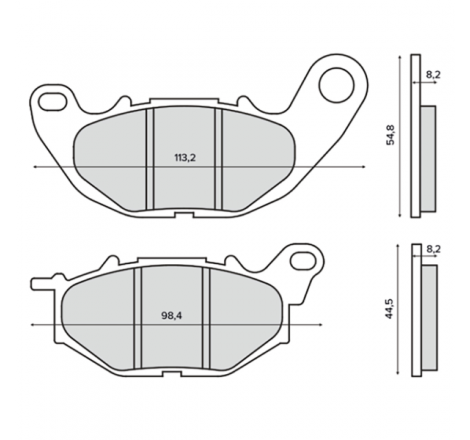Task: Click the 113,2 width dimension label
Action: (185, 158)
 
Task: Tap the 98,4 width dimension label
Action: (172, 316)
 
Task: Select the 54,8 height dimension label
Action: (390, 135)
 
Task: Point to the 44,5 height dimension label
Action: (389, 308)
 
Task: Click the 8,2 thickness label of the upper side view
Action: (433, 75)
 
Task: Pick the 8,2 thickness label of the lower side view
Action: (433, 249)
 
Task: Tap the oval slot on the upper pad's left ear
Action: (52, 102)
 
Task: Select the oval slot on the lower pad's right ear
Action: (303, 261)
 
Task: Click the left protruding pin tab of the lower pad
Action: (42, 284)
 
